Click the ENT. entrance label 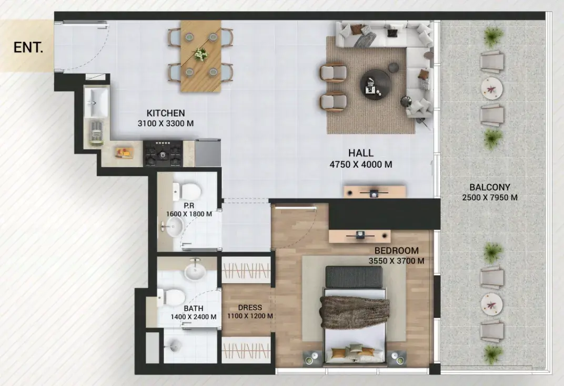point(28,47)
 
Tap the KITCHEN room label point(166,113)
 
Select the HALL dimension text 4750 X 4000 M point(361,164)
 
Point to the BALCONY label point(489,187)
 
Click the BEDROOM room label point(396,251)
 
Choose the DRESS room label point(250,308)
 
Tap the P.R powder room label point(189,206)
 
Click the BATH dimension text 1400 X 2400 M point(194,317)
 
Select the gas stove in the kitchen point(163,153)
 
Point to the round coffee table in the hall point(376,85)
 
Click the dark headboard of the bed point(354,276)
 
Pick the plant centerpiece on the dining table point(200,55)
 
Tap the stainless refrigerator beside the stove point(208,153)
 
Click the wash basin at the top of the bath point(195,272)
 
